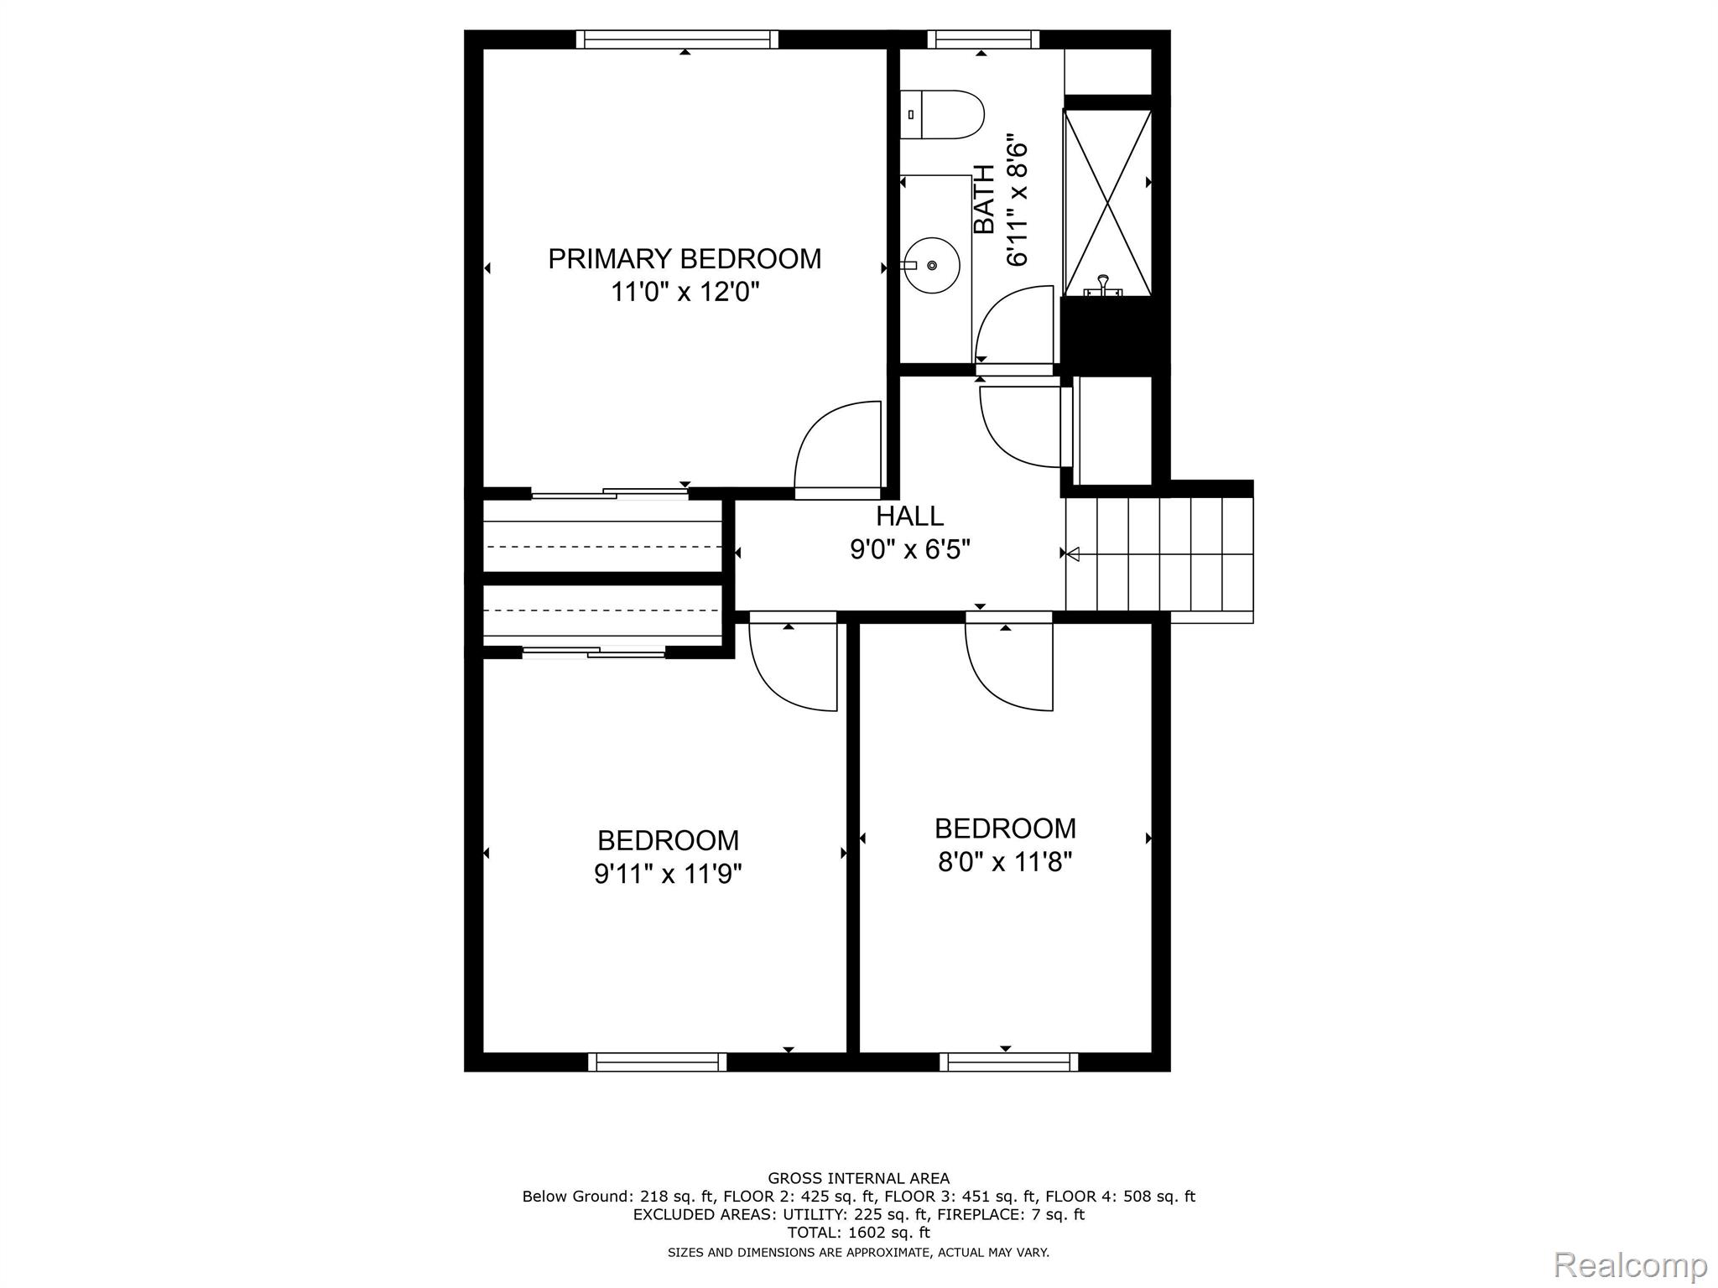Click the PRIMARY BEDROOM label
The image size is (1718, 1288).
click(685, 258)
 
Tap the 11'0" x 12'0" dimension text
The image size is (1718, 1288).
click(685, 293)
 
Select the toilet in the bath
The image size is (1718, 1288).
click(944, 115)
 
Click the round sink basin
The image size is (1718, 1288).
click(932, 265)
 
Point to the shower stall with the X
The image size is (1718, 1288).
click(1107, 202)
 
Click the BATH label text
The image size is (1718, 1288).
click(984, 200)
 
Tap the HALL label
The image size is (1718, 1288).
click(909, 515)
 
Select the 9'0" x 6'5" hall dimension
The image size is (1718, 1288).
click(909, 549)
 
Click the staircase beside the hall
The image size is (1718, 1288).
click(1158, 553)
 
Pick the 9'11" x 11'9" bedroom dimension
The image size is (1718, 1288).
click(668, 875)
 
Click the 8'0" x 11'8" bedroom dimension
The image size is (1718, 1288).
click(1005, 862)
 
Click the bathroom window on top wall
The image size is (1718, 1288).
click(983, 39)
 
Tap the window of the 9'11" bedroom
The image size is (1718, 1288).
click(657, 1062)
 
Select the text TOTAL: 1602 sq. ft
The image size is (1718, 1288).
click(858, 1233)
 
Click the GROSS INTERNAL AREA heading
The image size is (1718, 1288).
click(858, 1178)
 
